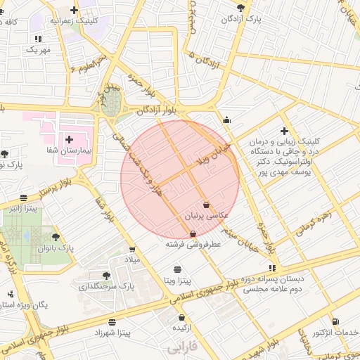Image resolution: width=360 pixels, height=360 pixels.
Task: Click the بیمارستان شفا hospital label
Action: click(70, 151)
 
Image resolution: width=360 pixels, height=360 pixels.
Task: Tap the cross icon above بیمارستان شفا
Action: click(69, 139)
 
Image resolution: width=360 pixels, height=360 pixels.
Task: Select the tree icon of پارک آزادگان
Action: click(242, 8)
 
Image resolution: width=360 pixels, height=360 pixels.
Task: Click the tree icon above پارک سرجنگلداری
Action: click(106, 276)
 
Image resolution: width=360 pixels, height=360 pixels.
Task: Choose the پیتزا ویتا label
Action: click(177, 281)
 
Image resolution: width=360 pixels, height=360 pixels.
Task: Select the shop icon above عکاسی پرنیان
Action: click(205, 205)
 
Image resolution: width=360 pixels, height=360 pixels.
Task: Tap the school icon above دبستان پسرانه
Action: click(272, 268)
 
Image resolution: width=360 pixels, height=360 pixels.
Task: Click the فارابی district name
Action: click(184, 347)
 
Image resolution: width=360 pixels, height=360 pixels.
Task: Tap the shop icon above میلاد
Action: click(132, 249)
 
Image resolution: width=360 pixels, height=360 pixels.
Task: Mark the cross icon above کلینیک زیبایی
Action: click(284, 130)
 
